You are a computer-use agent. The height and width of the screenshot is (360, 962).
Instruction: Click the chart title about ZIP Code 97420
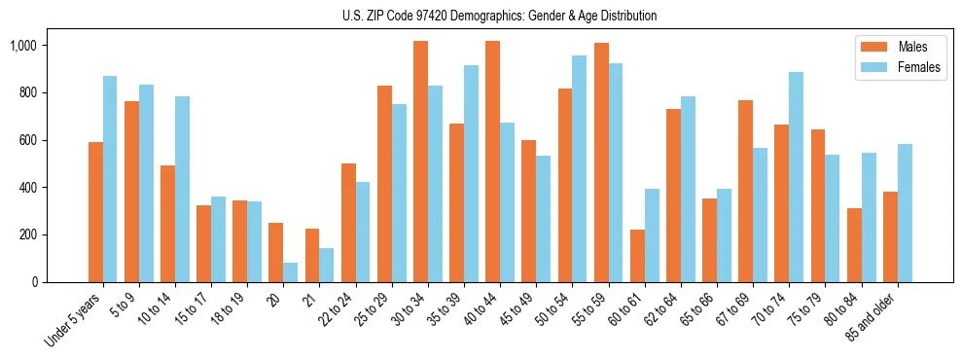[x=499, y=16]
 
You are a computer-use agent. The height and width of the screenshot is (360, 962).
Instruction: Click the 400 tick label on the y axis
[x=26, y=188]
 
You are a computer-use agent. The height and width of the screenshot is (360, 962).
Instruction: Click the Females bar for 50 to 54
[x=579, y=168]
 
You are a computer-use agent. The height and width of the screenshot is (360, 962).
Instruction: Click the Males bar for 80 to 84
[x=854, y=245]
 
